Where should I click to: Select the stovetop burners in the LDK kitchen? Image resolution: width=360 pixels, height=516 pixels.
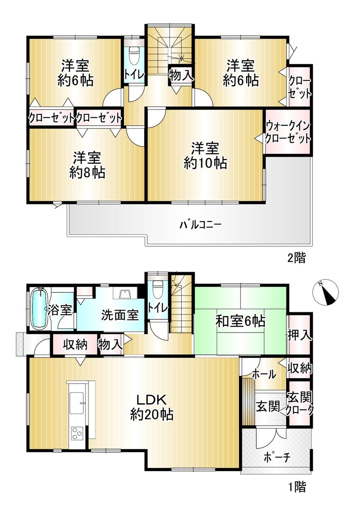pos(77,433)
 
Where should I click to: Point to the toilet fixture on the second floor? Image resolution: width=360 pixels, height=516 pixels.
pos(134,55)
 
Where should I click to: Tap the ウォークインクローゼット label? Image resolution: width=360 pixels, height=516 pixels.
pos(288,133)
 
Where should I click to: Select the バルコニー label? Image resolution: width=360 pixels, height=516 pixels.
pos(200,224)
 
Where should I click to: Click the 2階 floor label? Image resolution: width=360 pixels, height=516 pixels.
pos(297,258)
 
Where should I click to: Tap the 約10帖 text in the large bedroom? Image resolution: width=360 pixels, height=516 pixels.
pos(205,163)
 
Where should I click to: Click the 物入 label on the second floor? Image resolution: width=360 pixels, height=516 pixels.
pos(180,75)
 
